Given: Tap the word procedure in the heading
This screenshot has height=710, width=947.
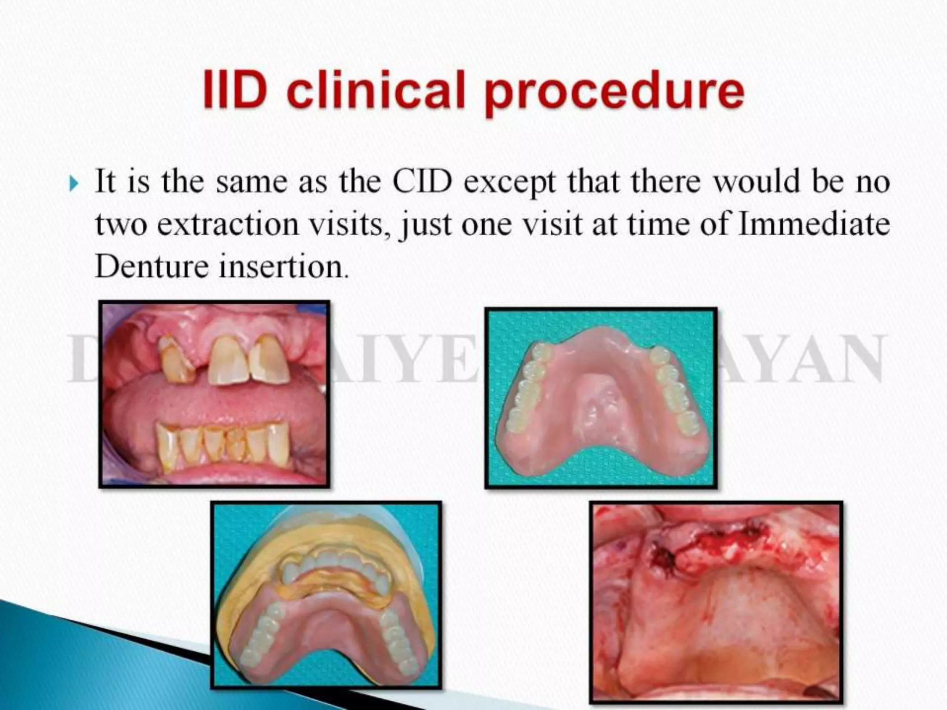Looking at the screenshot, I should click(x=615, y=92).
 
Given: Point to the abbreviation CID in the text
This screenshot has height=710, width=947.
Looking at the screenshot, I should click(x=422, y=182).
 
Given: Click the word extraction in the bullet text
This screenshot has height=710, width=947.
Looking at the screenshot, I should click(x=228, y=225).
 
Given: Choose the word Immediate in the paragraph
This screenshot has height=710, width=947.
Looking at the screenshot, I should click(x=813, y=224).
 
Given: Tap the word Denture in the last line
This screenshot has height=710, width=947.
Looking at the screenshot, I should click(x=152, y=267).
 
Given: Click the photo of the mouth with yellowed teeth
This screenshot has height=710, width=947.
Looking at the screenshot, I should click(x=214, y=394).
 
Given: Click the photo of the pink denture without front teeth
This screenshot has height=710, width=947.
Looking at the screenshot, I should click(x=601, y=398).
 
